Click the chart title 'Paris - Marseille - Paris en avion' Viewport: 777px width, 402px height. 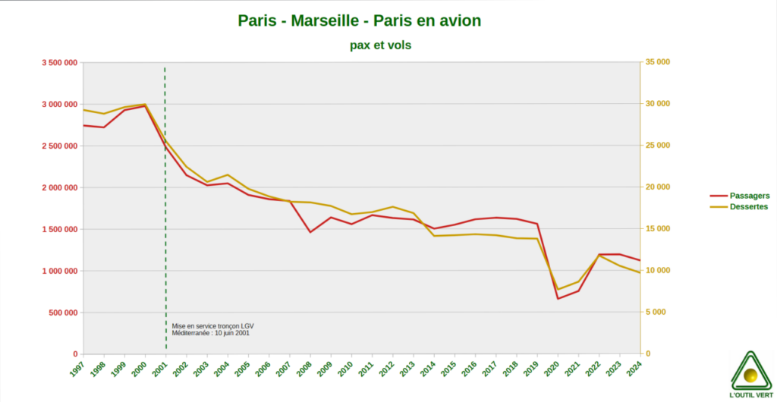359,20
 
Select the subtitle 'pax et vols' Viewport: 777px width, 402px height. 380,46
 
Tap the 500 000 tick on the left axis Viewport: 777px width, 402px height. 60,312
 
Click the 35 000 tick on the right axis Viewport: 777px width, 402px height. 657,62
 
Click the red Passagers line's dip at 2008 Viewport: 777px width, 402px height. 310,231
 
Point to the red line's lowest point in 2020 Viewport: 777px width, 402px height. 558,298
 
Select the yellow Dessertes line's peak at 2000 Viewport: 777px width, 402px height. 145,105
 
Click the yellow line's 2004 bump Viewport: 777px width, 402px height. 228,175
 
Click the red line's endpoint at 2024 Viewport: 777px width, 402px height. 640,260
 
